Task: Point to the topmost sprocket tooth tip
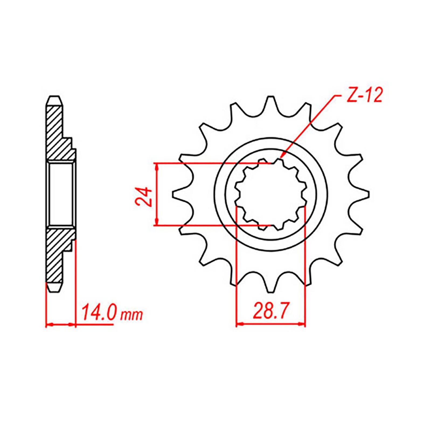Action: [270, 97]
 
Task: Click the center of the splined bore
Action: [271, 194]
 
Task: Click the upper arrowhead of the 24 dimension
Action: [157, 165]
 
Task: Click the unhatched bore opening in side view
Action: [61, 194]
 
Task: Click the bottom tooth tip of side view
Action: [55, 291]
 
